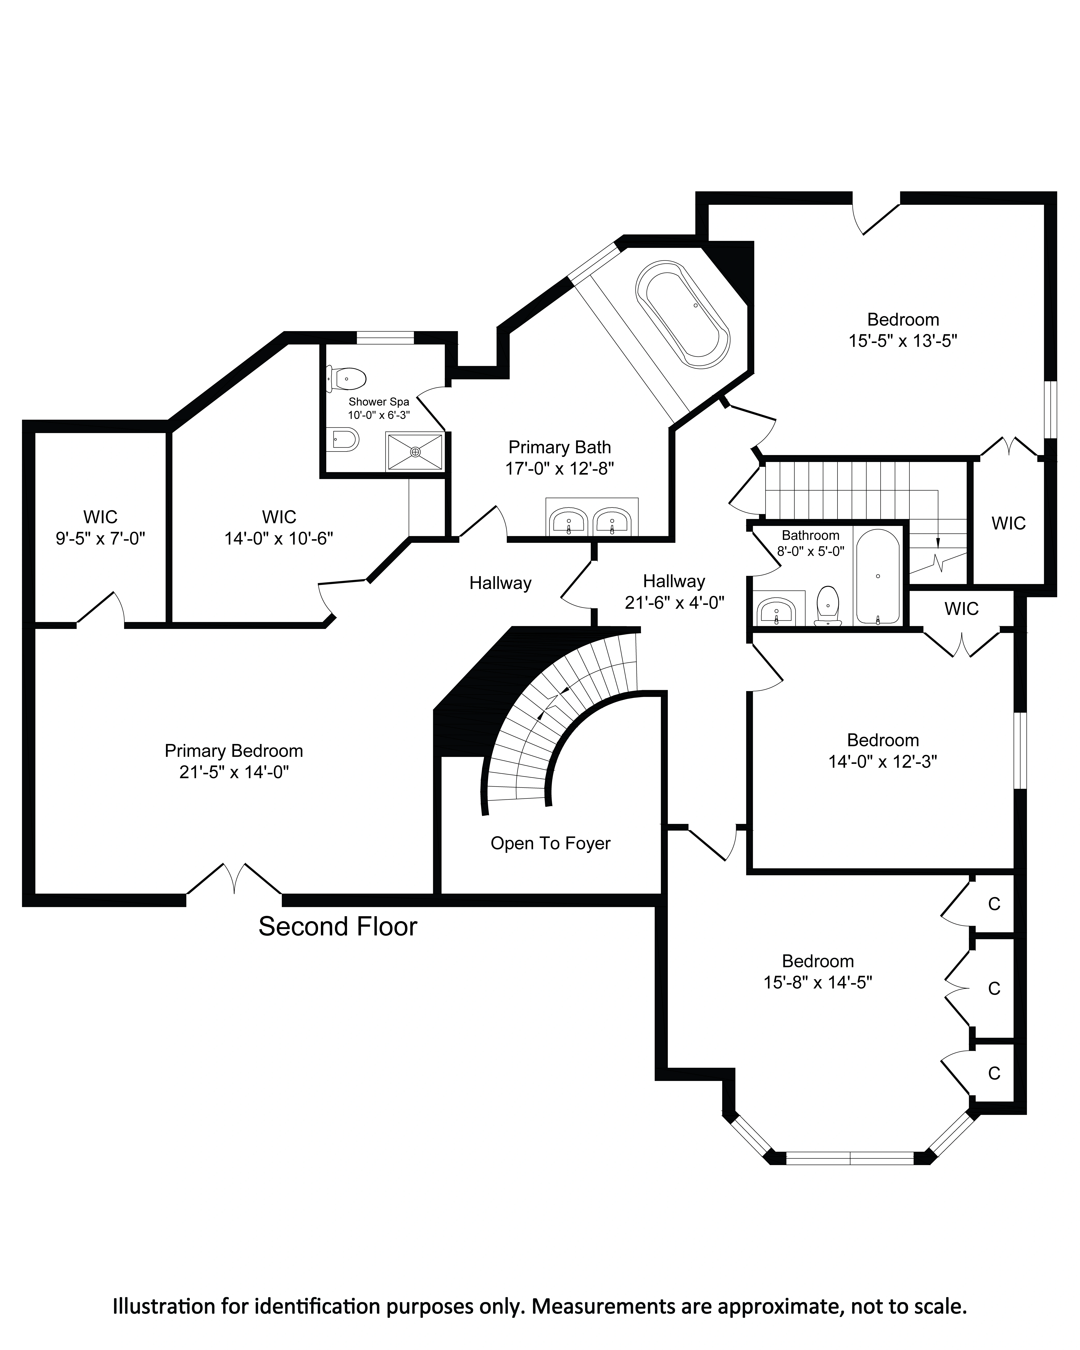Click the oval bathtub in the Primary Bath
[682, 315]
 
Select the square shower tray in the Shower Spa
[415, 451]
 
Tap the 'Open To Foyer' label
[550, 843]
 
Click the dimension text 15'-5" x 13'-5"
[903, 341]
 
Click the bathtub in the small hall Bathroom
[878, 576]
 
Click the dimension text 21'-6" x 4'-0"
[674, 603]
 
